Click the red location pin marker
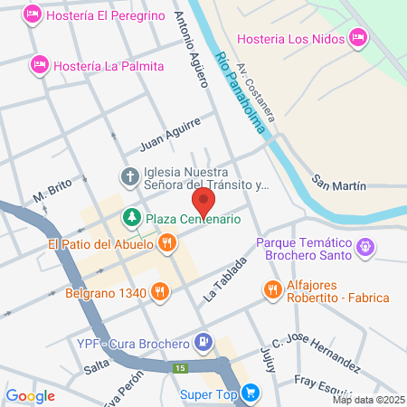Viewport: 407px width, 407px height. [203, 200]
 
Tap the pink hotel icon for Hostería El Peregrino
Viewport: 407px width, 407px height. [33, 14]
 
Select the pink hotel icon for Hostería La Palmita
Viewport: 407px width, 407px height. [39, 64]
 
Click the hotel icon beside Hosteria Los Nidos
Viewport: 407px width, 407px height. [358, 37]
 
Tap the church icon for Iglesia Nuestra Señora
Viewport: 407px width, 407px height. [130, 177]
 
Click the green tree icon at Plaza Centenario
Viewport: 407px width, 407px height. [131, 218]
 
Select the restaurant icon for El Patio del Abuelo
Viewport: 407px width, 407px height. [166, 244]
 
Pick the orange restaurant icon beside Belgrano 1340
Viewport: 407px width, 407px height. [159, 291]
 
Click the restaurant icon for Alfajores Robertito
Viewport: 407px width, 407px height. [272, 290]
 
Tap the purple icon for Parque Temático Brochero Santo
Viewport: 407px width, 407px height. [365, 245]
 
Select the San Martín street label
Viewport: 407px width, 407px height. [339, 185]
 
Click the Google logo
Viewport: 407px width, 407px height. [30, 395]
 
